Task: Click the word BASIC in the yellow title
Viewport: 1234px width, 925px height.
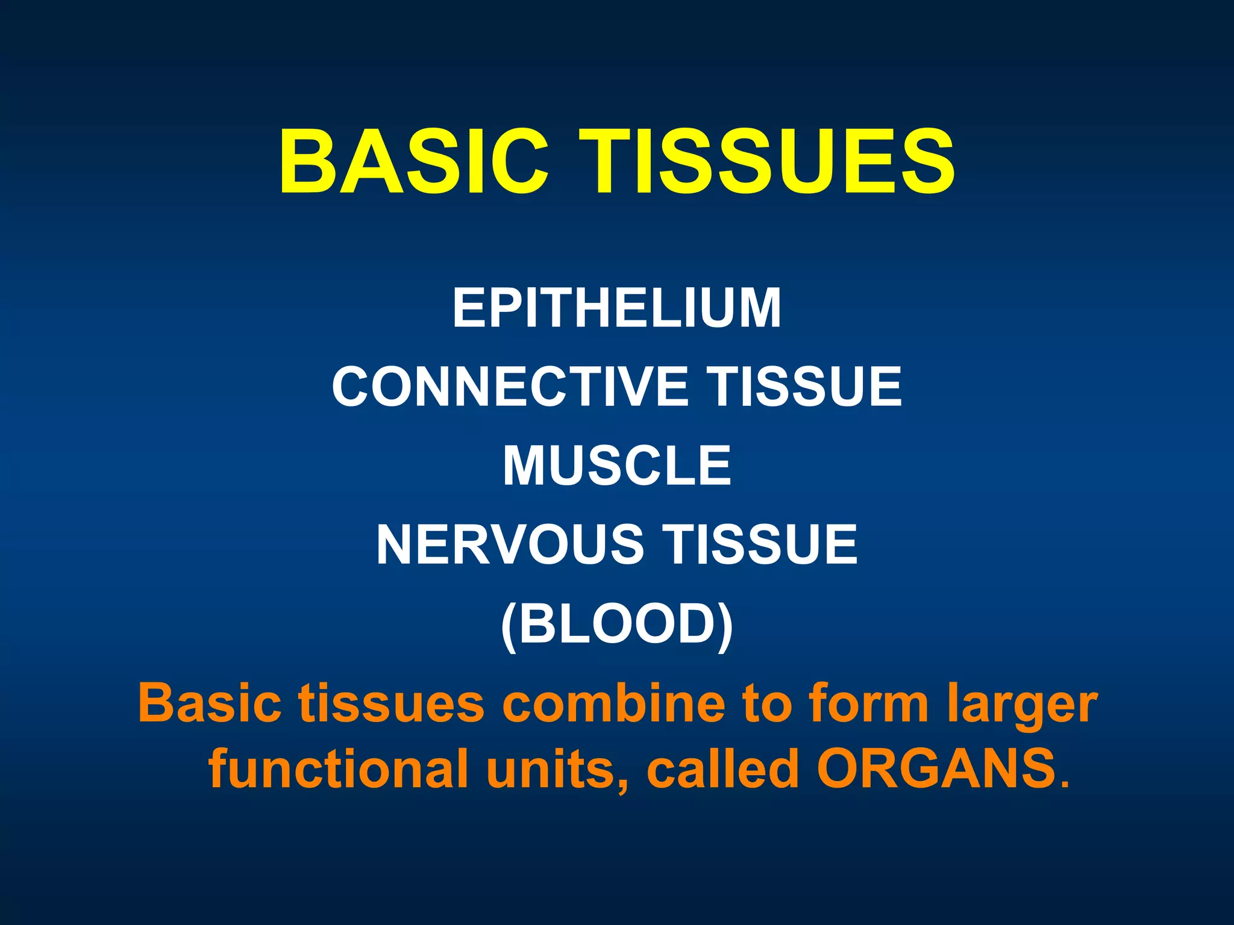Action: pyautogui.click(x=413, y=163)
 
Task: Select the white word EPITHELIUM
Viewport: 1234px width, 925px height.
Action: pyautogui.click(x=617, y=308)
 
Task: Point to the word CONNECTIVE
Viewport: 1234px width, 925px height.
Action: pyautogui.click(x=510, y=387)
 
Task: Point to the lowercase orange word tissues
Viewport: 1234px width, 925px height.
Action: pyautogui.click(x=392, y=703)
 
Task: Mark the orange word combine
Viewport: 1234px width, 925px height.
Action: pyautogui.click(x=613, y=703)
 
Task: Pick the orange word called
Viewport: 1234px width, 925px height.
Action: pyautogui.click(x=723, y=769)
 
